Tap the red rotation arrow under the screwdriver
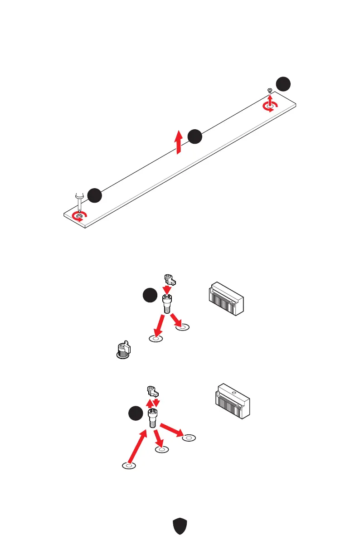click(80, 216)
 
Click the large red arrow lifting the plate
click(180, 141)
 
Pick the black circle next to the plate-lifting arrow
click(195, 136)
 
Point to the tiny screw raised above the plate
click(270, 91)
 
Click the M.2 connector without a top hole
click(226, 299)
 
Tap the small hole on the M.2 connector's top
click(233, 393)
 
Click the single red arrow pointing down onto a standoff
click(167, 289)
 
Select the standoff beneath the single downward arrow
click(167, 303)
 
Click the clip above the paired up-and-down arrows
click(151, 391)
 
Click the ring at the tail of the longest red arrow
click(129, 466)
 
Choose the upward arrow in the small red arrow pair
click(149, 402)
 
